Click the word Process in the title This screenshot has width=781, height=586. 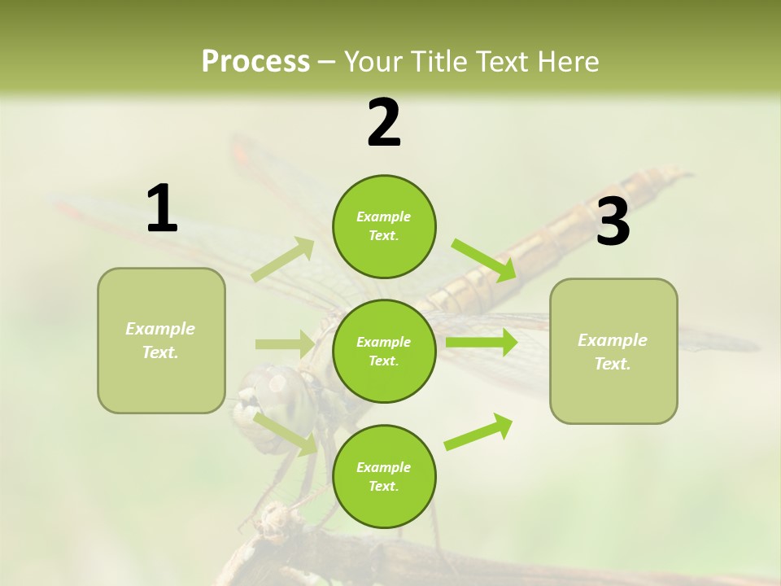pos(255,62)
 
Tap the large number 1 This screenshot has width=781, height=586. pos(162,209)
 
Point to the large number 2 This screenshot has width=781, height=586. pos(384,123)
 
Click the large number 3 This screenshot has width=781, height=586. pos(613,222)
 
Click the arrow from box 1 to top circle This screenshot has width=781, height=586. pos(283,260)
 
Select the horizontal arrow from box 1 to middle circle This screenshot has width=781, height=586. pos(284,344)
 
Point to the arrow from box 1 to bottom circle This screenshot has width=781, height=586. pos(286,433)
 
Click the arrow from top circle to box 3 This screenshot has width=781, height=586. pos(484,260)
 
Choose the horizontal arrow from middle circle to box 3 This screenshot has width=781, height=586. pos(481,343)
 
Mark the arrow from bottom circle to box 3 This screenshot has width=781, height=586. pos(478,432)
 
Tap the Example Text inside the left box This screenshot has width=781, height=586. pos(160,340)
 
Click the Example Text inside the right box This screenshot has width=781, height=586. pos(613,352)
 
